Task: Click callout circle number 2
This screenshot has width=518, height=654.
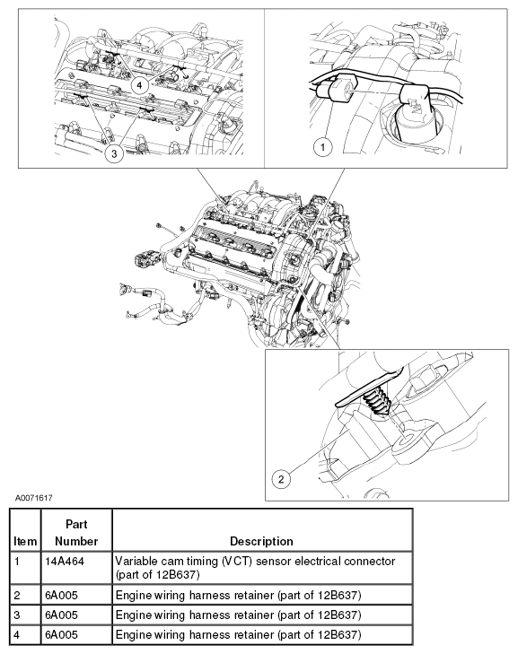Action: pyautogui.click(x=282, y=478)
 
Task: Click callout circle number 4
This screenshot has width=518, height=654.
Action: pyautogui.click(x=138, y=83)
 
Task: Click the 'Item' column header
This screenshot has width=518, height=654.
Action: pyautogui.click(x=23, y=541)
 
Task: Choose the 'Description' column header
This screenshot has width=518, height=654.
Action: pyautogui.click(x=261, y=541)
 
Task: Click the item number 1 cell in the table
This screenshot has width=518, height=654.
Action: pyautogui.click(x=17, y=559)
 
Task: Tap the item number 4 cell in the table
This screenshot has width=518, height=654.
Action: pyautogui.click(x=17, y=635)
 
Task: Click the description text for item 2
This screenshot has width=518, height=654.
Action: pyautogui.click(x=238, y=594)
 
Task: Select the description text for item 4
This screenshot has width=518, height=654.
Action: pyautogui.click(x=238, y=635)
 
